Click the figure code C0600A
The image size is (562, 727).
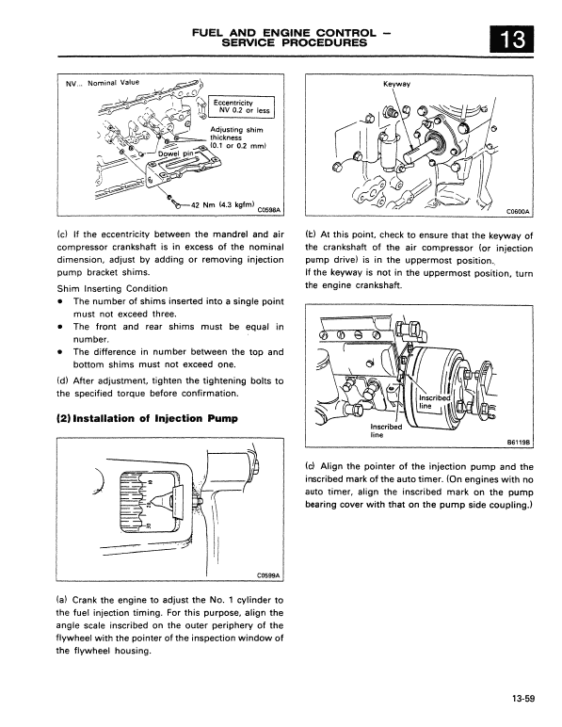(521, 212)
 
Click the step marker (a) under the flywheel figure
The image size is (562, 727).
(63, 600)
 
